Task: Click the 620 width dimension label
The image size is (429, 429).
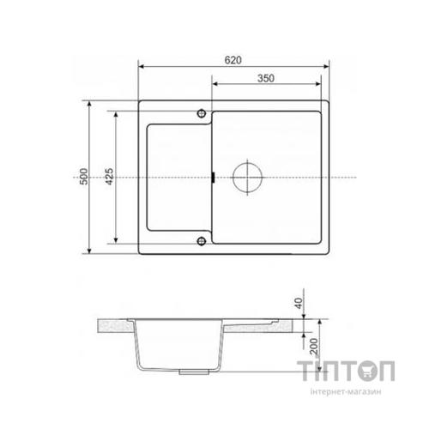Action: (x=233, y=60)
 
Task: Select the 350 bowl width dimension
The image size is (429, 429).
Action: (x=266, y=78)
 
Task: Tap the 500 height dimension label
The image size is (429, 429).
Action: (x=84, y=177)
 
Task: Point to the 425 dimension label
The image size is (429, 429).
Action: (x=109, y=177)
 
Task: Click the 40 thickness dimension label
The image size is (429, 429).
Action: (x=299, y=304)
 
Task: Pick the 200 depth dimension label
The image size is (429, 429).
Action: (x=314, y=347)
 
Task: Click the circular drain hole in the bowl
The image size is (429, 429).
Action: (x=247, y=178)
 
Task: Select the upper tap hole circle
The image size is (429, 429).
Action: (x=202, y=113)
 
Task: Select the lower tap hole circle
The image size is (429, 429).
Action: (x=202, y=241)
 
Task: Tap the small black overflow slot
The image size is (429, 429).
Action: (x=214, y=177)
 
